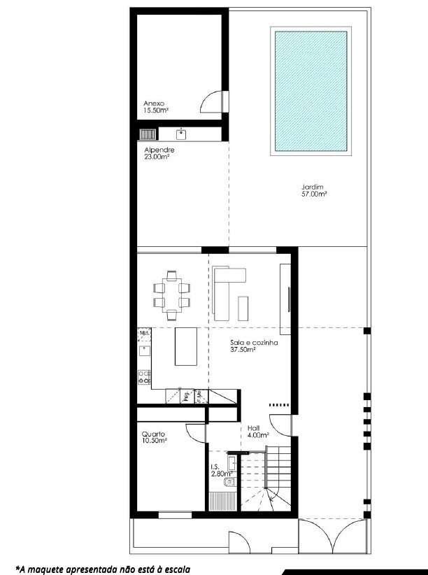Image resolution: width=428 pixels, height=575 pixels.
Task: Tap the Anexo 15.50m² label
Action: pyautogui.click(x=155, y=106)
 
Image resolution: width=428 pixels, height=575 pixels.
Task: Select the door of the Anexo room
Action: pyautogui.click(x=213, y=103)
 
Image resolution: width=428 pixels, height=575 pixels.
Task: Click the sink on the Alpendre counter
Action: pyautogui.click(x=181, y=133)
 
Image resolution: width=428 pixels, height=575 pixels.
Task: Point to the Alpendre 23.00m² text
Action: pyautogui.click(x=158, y=154)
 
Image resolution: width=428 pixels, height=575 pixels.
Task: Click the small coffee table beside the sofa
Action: pyautogui.click(x=244, y=307)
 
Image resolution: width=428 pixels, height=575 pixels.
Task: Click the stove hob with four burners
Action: pyautogui.click(x=145, y=377)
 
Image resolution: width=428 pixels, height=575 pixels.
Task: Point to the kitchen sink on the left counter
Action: pyautogui.click(x=144, y=350)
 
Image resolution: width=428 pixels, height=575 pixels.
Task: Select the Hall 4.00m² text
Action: pyautogui.click(x=258, y=430)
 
